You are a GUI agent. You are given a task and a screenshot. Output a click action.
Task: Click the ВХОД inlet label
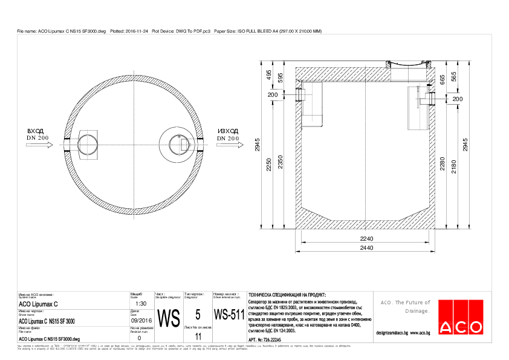(x=36, y=131)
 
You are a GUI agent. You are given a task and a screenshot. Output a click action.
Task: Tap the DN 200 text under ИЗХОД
(x=229, y=139)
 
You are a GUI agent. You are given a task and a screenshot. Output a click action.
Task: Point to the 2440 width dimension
(x=366, y=249)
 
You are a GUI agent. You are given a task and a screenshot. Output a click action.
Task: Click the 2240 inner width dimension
(x=366, y=239)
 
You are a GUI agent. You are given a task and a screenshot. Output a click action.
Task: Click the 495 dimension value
(x=269, y=74)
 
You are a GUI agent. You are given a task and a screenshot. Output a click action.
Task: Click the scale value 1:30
(x=138, y=304)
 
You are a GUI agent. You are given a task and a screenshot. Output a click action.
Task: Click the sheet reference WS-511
(x=229, y=315)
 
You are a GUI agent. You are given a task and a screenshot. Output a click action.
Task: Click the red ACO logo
(x=461, y=316)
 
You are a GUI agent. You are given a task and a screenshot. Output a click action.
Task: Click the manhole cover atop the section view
(x=408, y=64)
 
